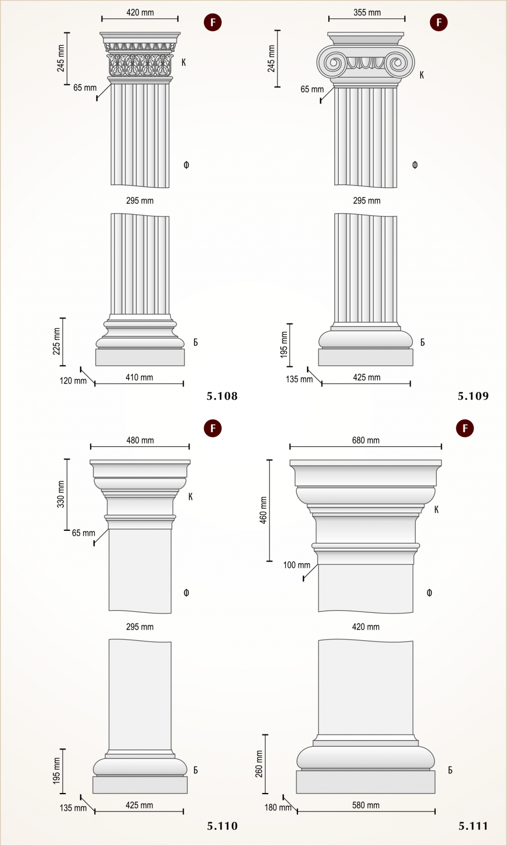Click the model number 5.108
(222, 396)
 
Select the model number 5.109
(473, 396)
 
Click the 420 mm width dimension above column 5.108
(140, 12)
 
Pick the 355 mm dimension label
(367, 12)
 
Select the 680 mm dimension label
(366, 441)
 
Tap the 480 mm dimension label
(140, 441)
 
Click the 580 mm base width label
(366, 805)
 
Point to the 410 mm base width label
(139, 378)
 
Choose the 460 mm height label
(264, 510)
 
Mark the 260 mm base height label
(259, 764)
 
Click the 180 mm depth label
(278, 808)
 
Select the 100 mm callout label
(297, 565)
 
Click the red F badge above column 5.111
(465, 428)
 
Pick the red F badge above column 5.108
(213, 22)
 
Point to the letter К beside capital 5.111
(436, 510)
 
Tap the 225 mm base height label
(56, 341)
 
